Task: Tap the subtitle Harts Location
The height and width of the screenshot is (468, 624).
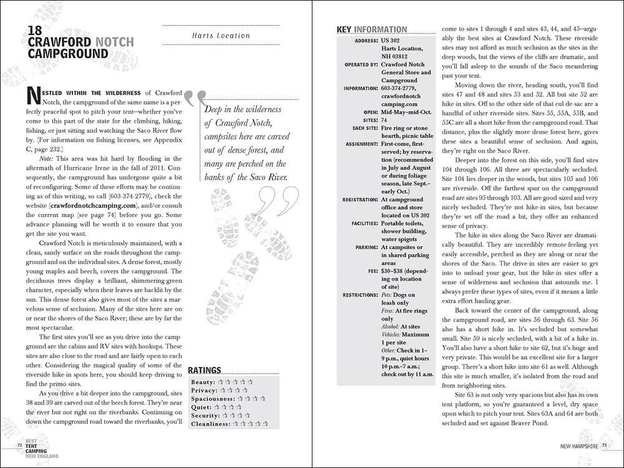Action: tap(221, 36)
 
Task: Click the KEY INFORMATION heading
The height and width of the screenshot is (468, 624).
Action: tap(371, 29)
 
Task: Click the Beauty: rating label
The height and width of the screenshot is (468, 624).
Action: tap(203, 382)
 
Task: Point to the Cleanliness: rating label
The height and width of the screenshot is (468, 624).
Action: tap(212, 424)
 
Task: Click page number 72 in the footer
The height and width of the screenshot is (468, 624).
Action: tap(21, 445)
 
